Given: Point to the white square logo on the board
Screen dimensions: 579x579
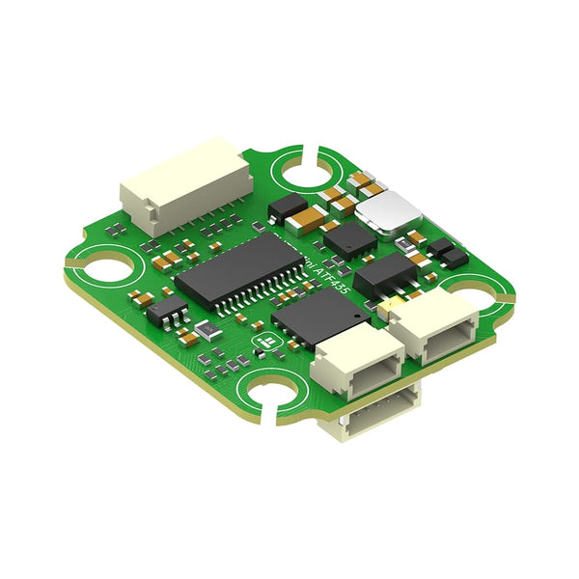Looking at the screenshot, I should point(259,344).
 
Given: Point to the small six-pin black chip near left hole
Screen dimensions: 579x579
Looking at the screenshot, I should point(168,309).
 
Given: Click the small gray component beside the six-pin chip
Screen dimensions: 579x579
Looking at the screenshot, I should point(207,332).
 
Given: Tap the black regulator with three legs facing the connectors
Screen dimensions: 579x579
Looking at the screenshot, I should point(386,275).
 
